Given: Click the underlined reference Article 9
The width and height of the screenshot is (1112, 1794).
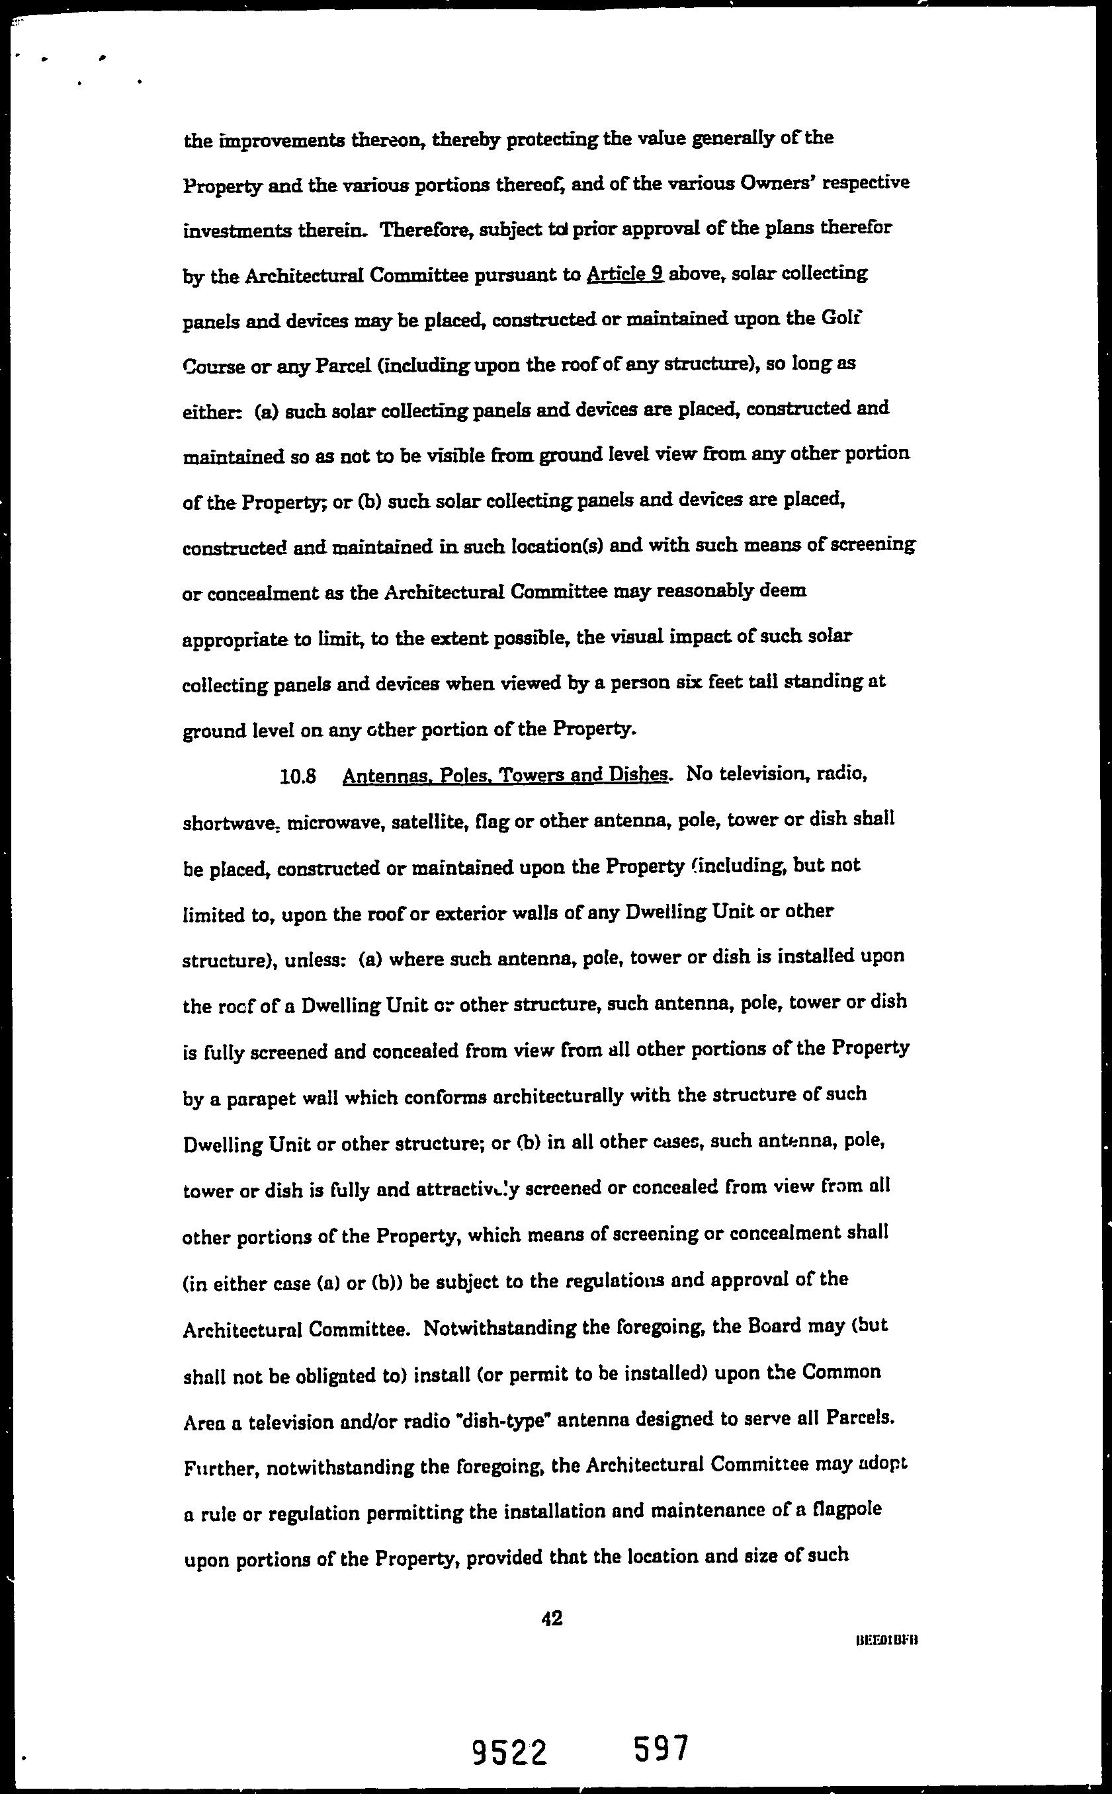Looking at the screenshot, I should coord(625,274).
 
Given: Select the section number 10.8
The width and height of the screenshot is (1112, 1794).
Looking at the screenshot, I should coord(298,777).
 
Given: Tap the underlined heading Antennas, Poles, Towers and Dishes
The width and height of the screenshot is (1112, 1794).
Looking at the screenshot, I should coord(506,776).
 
